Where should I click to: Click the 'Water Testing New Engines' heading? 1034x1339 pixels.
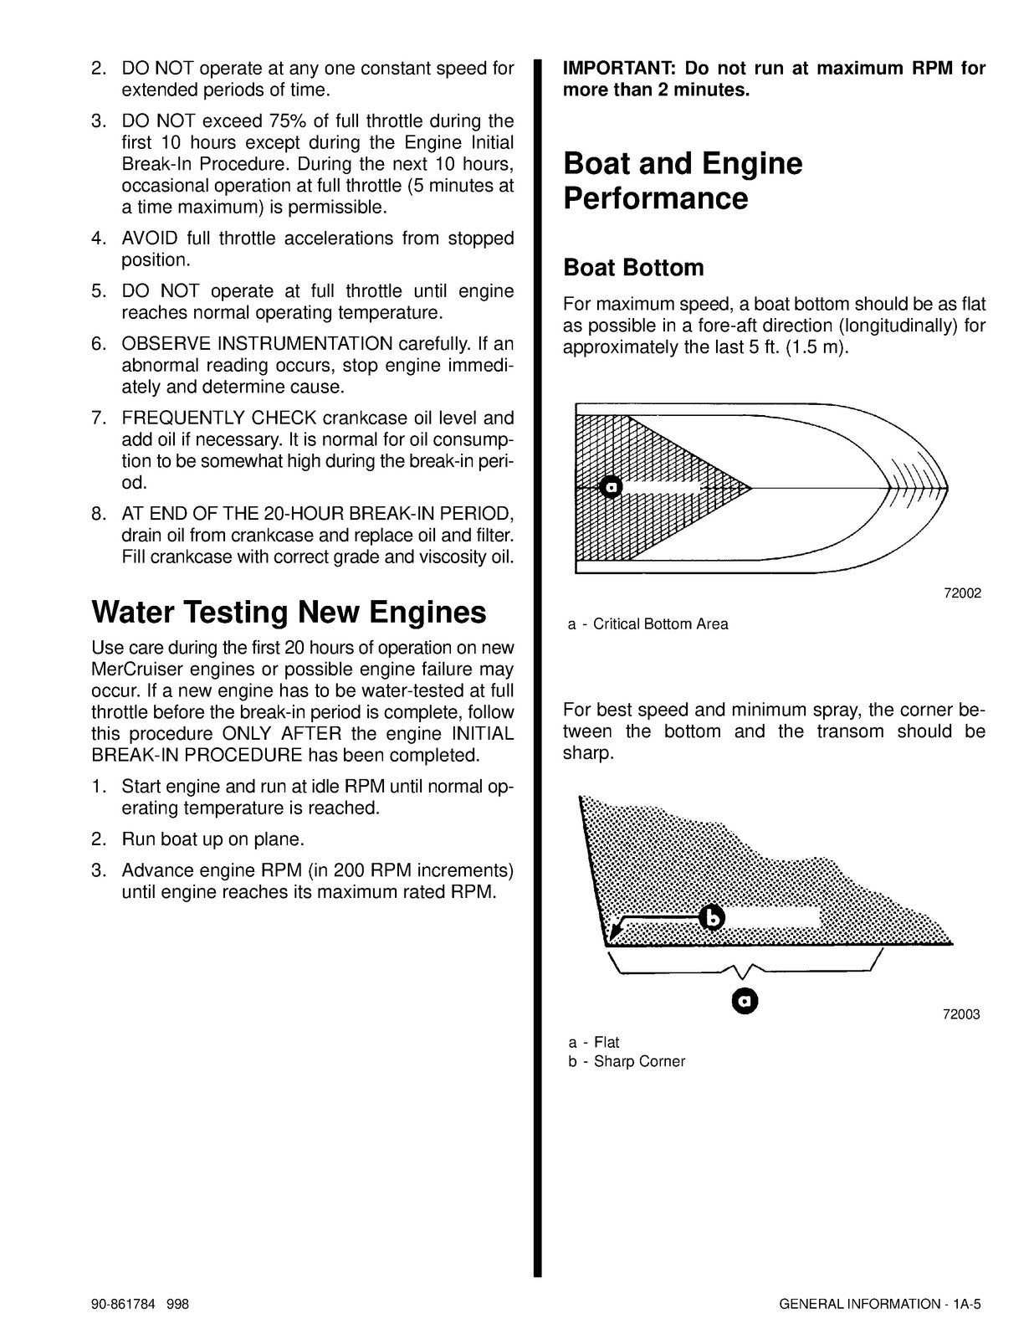[x=289, y=612]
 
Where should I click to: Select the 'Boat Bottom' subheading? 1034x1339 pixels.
[x=633, y=268]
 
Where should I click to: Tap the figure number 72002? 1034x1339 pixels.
[x=961, y=593]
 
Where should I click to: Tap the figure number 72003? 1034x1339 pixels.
[x=961, y=1014]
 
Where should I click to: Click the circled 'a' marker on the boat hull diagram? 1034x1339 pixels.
[x=612, y=487]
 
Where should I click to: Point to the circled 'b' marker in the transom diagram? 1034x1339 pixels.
[x=712, y=918]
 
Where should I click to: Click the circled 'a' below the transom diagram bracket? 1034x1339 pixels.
[x=745, y=1000]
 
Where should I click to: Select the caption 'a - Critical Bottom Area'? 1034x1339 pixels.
[x=648, y=624]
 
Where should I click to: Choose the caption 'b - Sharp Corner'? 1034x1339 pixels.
[x=627, y=1062]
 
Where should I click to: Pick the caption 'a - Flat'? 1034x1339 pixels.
[x=594, y=1043]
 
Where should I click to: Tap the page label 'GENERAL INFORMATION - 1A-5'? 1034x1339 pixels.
[x=879, y=1304]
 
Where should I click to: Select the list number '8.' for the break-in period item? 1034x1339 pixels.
[x=99, y=514]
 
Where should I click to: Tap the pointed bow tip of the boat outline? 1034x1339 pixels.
[x=946, y=487]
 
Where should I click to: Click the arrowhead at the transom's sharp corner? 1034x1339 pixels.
[x=614, y=931]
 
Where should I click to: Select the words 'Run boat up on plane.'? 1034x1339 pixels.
[x=212, y=839]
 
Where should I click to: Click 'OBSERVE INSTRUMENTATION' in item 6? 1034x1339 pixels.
[x=257, y=344]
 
